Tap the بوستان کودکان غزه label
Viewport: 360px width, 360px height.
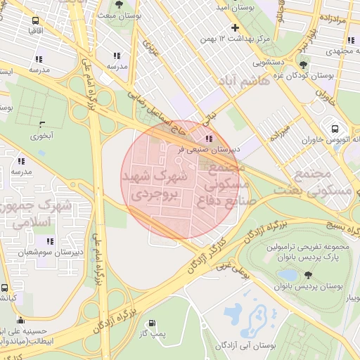pyautogui.click(x=335, y=75)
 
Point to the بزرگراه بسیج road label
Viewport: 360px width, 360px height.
pyautogui.click(x=333, y=226)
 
